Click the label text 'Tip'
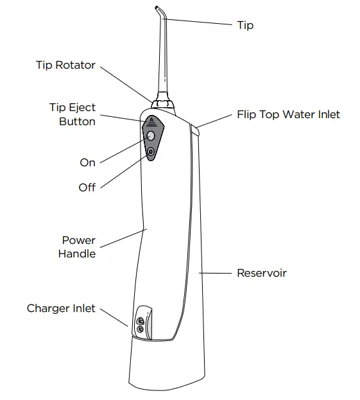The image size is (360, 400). coord(245,25)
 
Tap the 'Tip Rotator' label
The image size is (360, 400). coord(65,65)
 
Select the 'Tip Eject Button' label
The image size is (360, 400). coord(73,114)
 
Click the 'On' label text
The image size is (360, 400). coord(87,162)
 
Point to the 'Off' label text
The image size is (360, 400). coord(87,187)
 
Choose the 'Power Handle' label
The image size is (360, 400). coord(78,247)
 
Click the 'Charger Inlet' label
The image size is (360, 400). coord(61,308)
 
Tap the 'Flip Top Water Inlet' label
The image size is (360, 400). coord(288,115)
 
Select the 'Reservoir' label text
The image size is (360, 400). coord(261,273)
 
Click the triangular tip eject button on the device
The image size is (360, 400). coord(151,120)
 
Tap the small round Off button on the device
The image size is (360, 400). coord(151,152)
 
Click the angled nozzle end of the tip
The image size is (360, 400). coord(158,9)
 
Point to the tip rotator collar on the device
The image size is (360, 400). coord(162,101)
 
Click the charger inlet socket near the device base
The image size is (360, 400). coord(140,325)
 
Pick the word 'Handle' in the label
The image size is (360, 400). coord(77,254)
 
